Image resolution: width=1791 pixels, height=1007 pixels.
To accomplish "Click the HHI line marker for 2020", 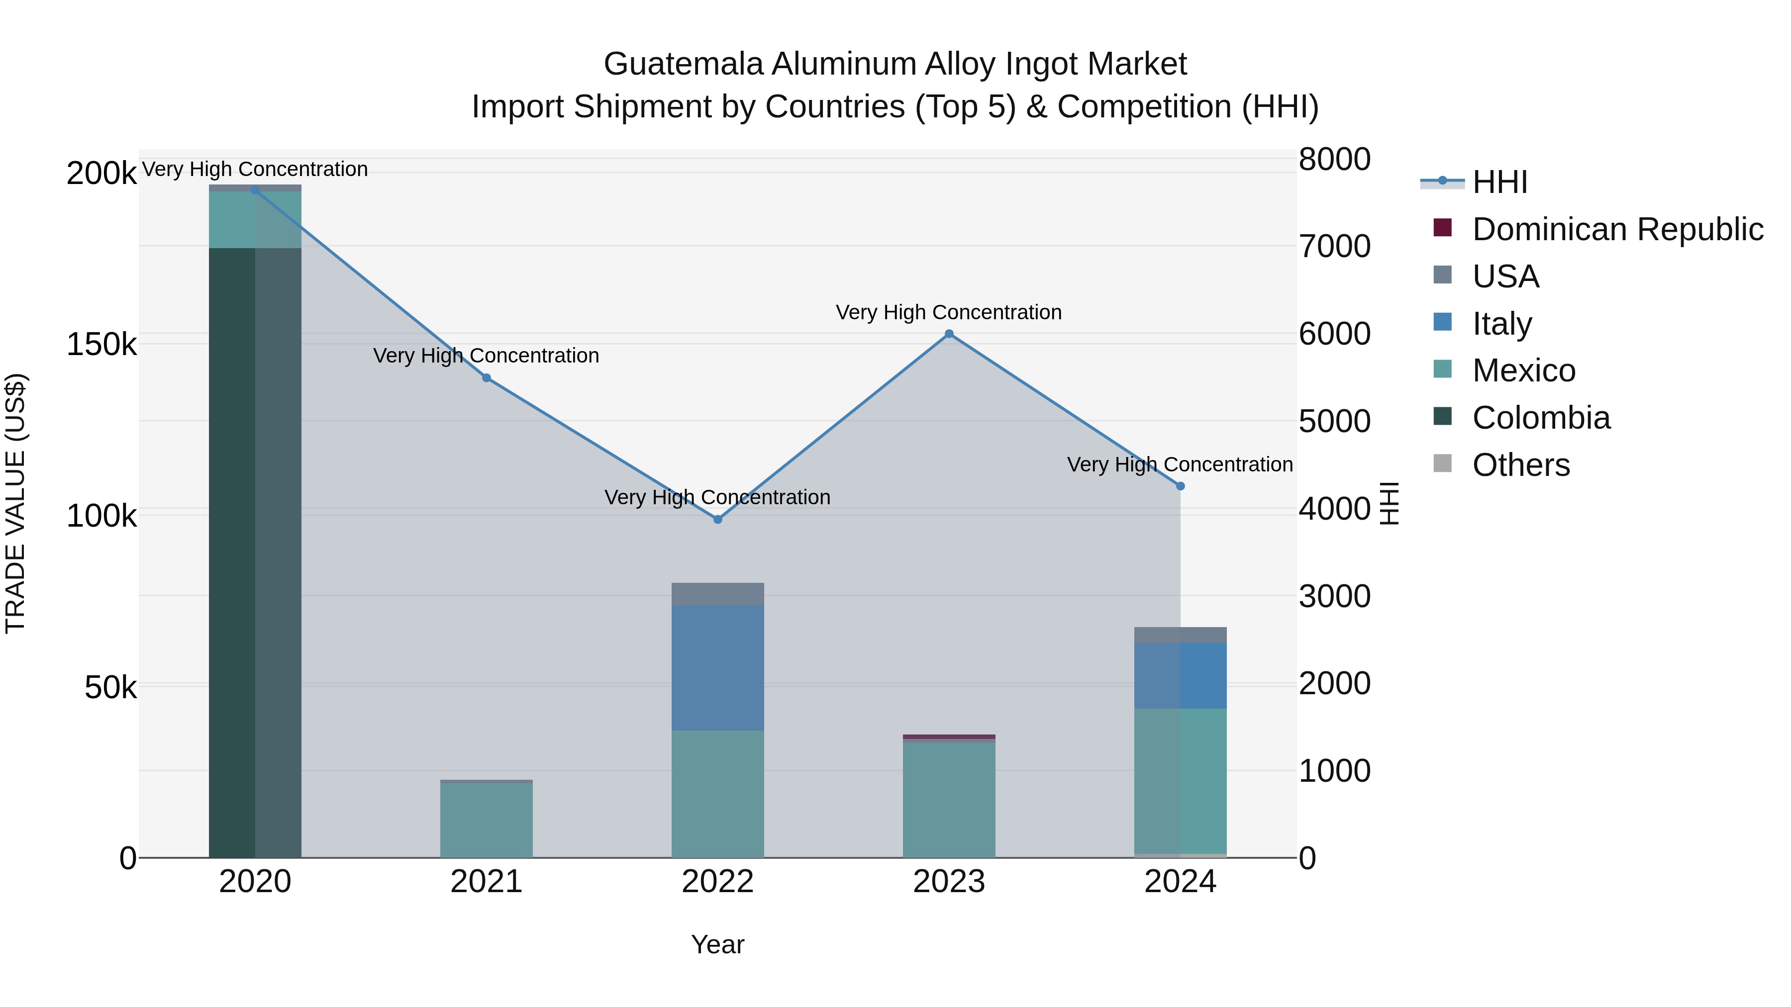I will point(255,190).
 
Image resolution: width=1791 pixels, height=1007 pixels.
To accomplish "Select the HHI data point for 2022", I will point(717,519).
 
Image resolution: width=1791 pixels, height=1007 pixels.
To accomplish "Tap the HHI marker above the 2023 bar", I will point(949,334).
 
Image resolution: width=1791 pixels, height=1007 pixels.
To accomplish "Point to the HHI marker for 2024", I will point(1180,486).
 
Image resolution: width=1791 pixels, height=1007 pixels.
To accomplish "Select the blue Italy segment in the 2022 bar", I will point(717,667).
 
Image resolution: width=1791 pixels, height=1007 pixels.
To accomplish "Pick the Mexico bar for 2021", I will point(486,820).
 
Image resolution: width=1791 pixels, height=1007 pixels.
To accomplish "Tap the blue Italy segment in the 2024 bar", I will point(1180,675).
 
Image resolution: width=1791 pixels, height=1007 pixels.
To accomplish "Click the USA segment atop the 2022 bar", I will point(717,594).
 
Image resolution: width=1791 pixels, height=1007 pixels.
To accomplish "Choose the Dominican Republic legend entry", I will point(1617,229).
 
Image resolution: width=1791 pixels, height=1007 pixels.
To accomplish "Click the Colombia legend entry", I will point(1541,418).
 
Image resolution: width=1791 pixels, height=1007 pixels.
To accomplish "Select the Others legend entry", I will point(1520,465).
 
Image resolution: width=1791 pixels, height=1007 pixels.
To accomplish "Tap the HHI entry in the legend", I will point(1499,182).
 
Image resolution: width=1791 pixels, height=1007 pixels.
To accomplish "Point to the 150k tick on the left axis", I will point(101,344).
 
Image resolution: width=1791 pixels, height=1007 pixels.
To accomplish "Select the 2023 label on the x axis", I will point(949,882).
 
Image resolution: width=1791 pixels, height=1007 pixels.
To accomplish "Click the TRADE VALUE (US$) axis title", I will point(15,503).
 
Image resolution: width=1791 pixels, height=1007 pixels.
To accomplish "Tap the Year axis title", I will point(717,944).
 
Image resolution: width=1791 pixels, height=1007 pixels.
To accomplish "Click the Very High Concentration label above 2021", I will point(486,356).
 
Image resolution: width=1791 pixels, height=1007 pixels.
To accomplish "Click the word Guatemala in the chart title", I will point(684,64).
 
